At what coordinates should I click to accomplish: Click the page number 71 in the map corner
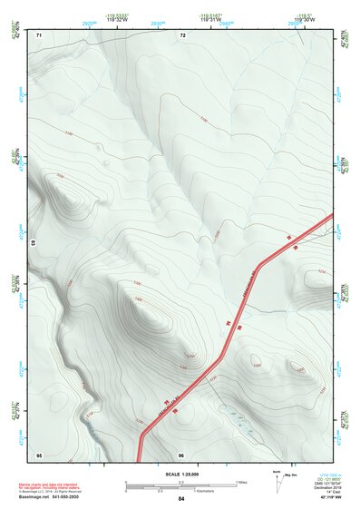[39, 34]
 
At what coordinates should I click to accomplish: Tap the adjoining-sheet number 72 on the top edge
[182, 34]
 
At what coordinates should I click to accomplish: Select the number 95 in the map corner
[39, 453]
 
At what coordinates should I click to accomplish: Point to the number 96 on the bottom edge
[181, 453]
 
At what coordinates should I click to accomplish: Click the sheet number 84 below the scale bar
[181, 499]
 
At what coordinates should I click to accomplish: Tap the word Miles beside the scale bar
[241, 482]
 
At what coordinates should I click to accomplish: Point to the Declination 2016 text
[326, 488]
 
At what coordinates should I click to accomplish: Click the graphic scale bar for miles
[180, 483]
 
